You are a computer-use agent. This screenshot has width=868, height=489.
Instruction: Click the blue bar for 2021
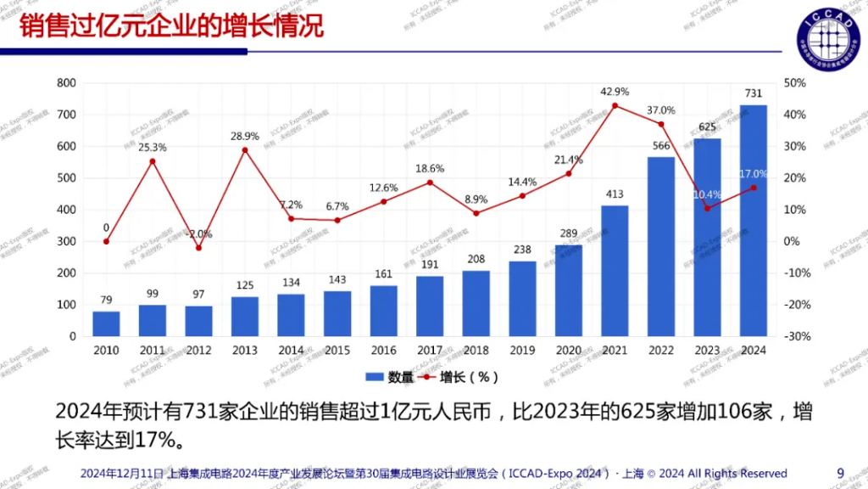(615, 271)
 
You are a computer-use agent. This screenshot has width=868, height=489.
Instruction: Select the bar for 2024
(753, 221)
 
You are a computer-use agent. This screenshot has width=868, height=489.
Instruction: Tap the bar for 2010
(106, 323)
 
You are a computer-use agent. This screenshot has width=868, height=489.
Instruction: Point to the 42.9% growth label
(615, 92)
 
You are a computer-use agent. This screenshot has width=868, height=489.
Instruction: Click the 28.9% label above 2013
(245, 137)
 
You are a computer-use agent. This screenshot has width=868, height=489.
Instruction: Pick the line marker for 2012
(198, 248)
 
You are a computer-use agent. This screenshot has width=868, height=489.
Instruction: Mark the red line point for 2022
(661, 125)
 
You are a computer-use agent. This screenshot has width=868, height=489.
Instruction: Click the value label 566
(661, 145)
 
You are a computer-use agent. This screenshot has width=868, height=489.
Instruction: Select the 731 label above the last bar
(753, 93)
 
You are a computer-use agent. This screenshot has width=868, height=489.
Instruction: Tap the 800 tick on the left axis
(67, 83)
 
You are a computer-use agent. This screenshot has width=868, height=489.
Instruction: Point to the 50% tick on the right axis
(794, 83)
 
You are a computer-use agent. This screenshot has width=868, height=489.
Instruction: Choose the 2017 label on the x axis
(430, 351)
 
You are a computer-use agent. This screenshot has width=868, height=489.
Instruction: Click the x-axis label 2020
(568, 351)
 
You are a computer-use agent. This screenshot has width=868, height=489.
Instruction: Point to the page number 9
(840, 473)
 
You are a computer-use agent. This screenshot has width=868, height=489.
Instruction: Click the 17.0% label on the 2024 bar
(753, 174)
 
